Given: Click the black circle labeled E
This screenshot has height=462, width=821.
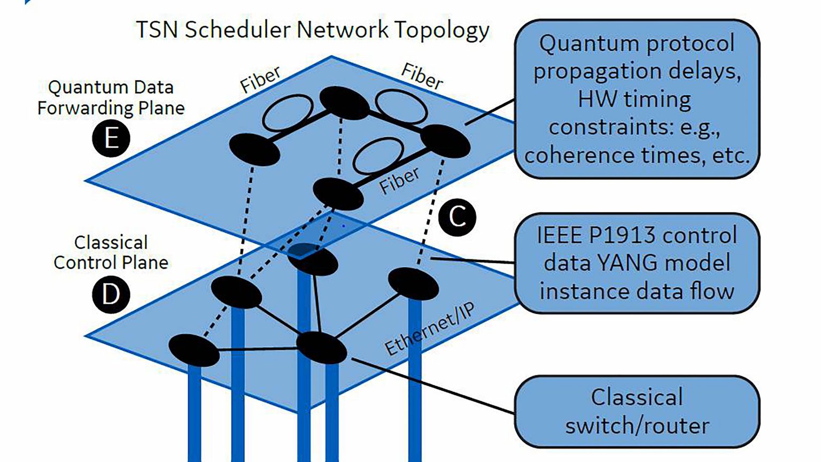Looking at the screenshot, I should click(x=111, y=138).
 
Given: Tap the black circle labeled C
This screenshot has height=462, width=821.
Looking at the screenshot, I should click(x=457, y=217).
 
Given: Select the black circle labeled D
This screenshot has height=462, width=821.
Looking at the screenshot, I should click(x=111, y=294).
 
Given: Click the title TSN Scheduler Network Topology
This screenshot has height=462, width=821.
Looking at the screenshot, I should click(x=312, y=30).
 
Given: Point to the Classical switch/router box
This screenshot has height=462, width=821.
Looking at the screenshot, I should click(x=637, y=412).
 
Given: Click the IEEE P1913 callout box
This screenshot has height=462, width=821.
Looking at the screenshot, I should click(x=637, y=263).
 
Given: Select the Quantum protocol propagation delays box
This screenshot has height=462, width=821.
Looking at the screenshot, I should click(x=637, y=99).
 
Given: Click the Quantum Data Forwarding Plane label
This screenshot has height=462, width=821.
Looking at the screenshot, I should click(x=111, y=97).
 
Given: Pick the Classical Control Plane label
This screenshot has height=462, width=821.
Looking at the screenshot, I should click(x=111, y=252).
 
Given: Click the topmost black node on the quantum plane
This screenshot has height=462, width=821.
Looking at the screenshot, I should click(x=344, y=103).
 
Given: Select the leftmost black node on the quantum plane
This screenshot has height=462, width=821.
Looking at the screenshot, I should click(x=254, y=149).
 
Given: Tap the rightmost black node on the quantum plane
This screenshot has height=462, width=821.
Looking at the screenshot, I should click(x=445, y=141).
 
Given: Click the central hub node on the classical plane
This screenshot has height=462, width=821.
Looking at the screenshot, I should click(x=321, y=348).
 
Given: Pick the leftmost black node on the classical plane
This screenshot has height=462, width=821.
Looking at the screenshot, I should click(x=194, y=350).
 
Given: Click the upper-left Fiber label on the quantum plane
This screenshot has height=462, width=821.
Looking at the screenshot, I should click(x=260, y=80).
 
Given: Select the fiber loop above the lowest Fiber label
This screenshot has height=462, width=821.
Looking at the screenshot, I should click(x=378, y=155).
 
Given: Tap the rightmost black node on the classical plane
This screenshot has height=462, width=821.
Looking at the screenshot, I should click(x=413, y=284).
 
